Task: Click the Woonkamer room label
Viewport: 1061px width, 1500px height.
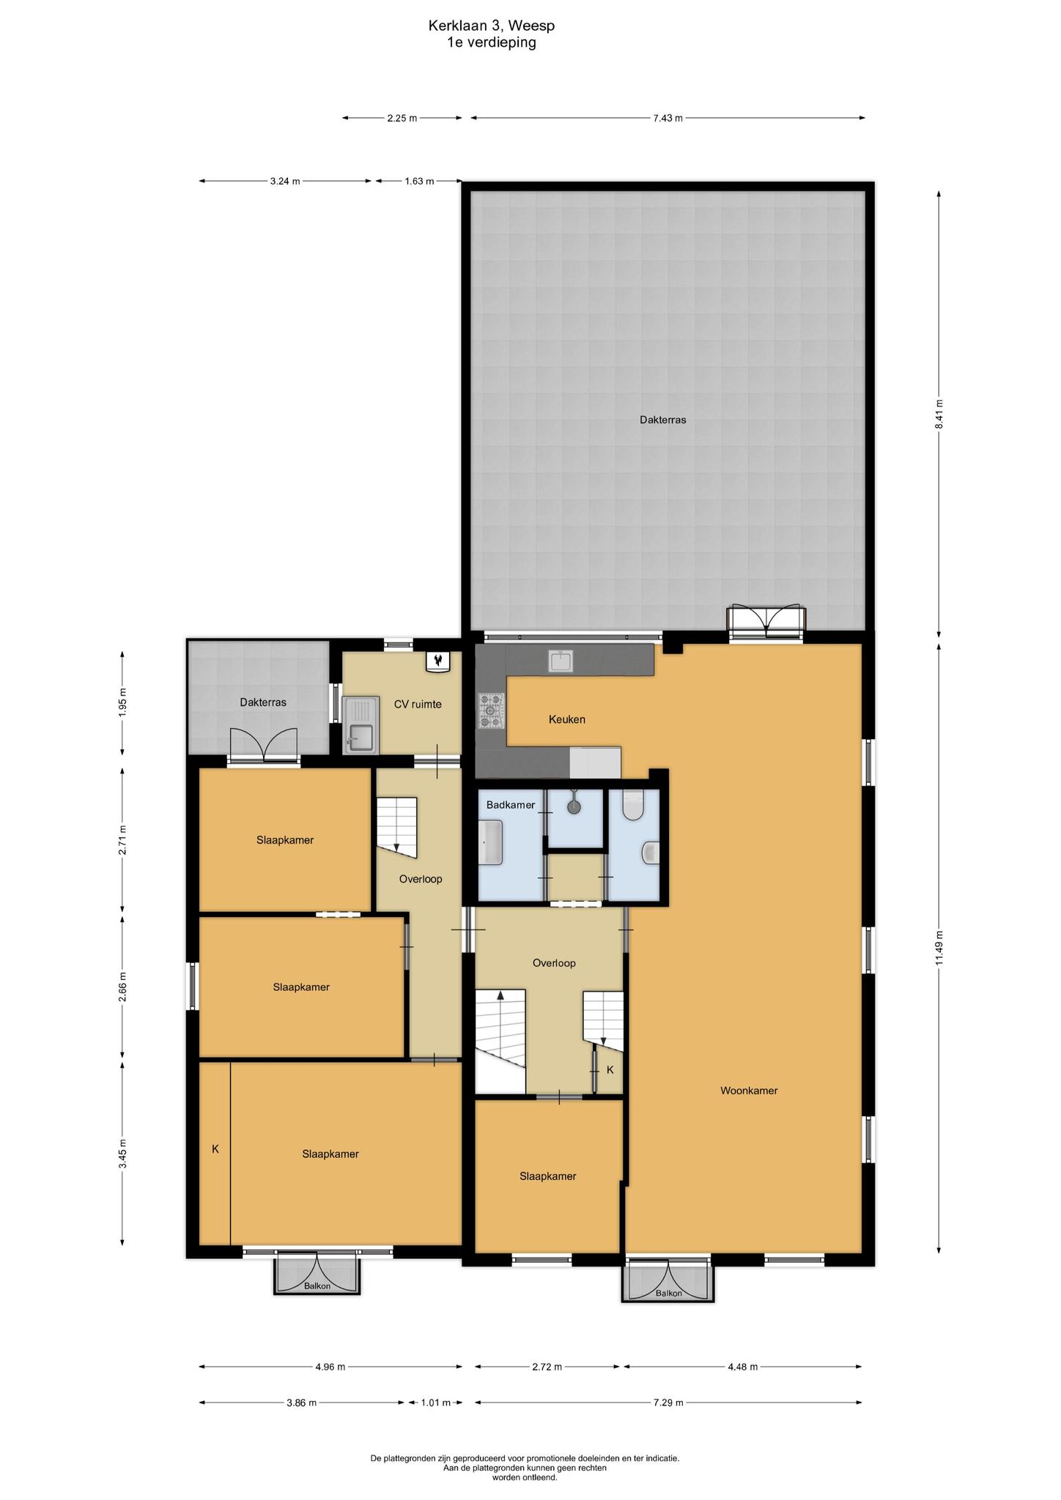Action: click(x=748, y=1091)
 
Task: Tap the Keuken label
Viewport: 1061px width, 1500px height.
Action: click(x=567, y=719)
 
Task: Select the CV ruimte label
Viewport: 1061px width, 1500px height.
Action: click(x=418, y=704)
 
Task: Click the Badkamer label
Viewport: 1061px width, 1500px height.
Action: click(x=511, y=805)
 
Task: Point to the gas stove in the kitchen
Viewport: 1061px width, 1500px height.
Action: click(x=492, y=711)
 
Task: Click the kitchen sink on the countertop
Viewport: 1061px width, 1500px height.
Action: click(x=562, y=661)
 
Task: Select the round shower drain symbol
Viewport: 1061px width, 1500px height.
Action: click(x=574, y=807)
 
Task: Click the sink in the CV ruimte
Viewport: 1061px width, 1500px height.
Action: click(x=360, y=725)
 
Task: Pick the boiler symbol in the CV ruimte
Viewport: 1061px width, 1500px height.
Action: click(x=437, y=661)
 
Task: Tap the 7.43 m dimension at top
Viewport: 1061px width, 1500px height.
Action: click(x=668, y=118)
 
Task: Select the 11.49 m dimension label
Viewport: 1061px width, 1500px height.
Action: click(x=939, y=948)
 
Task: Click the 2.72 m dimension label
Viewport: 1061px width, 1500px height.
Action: click(x=547, y=1367)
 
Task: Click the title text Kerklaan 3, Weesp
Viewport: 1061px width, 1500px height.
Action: click(x=492, y=26)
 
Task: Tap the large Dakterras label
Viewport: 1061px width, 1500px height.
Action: click(x=662, y=420)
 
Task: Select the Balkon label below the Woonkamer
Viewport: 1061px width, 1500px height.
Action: click(x=668, y=1293)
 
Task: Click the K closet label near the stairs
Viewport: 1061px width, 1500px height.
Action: click(x=610, y=1070)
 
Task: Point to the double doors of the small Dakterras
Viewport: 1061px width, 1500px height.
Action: click(x=264, y=746)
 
